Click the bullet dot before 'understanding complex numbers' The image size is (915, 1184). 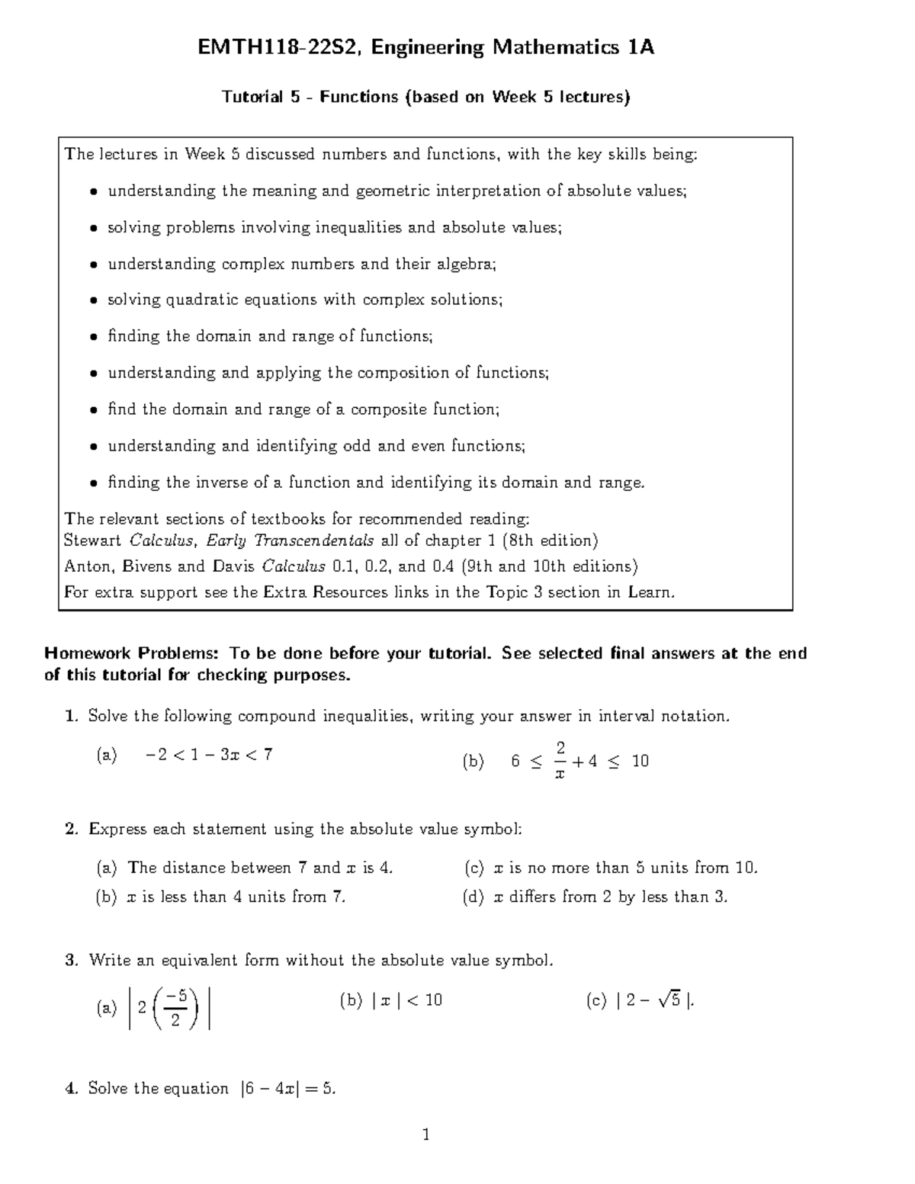[93, 265]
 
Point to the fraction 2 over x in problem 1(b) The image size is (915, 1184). [560, 760]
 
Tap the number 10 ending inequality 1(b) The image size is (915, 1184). [640, 761]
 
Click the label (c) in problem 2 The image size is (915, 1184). [474, 868]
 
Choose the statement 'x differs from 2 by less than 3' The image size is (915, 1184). [611, 897]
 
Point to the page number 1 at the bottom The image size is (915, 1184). [426, 1135]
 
